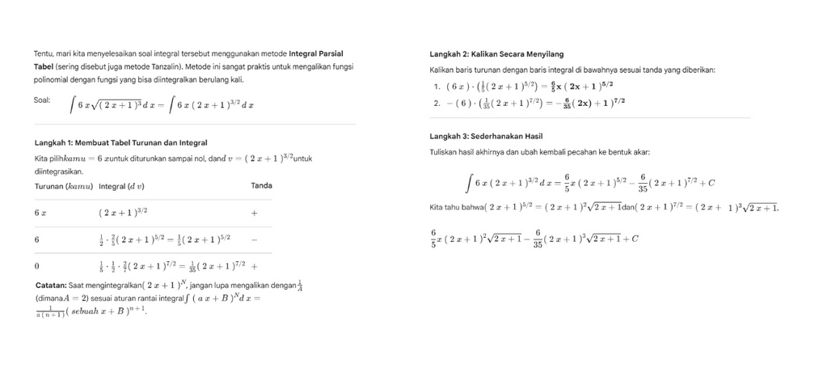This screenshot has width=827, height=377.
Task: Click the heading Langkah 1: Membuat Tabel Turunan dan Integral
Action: click(120, 142)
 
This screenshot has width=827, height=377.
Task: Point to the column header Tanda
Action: click(261, 186)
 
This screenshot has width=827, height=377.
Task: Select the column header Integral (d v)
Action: click(121, 186)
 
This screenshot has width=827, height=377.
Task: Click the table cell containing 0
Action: click(37, 265)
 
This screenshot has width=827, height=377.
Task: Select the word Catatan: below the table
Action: click(51, 285)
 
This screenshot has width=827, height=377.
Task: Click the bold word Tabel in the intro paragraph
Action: click(43, 66)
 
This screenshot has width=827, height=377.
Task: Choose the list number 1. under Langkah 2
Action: click(437, 86)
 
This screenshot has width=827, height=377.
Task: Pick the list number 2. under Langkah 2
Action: click(437, 103)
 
